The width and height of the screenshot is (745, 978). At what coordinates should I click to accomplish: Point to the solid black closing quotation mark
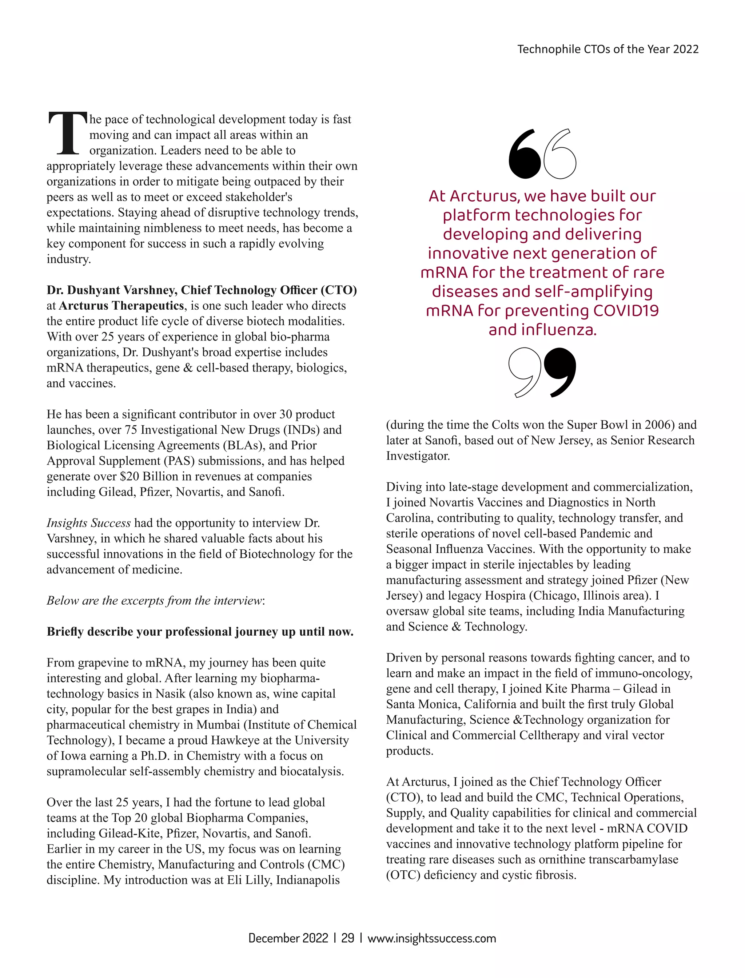pos(561,371)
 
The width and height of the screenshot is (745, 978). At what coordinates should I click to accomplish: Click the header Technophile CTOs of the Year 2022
pos(607,49)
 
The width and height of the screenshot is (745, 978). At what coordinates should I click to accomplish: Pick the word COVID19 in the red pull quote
pos(626,310)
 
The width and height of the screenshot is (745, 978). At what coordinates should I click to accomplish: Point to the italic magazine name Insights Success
pos(89,523)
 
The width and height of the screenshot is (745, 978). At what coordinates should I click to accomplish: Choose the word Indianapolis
pos(308,880)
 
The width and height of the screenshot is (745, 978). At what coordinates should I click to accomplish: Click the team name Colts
pos(506,425)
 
